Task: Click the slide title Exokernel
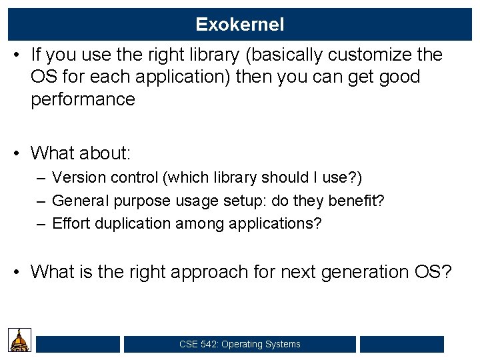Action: pyautogui.click(x=240, y=25)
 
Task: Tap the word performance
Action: pyautogui.click(x=83, y=100)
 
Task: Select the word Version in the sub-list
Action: pyautogui.click(x=75, y=178)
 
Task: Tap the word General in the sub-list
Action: pyautogui.click(x=78, y=201)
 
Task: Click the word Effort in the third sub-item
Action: pyautogui.click(x=71, y=223)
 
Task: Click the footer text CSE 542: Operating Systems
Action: pyautogui.click(x=240, y=345)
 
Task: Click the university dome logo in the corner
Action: pyautogui.click(x=19, y=341)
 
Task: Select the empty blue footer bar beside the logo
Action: pyautogui.click(x=78, y=345)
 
